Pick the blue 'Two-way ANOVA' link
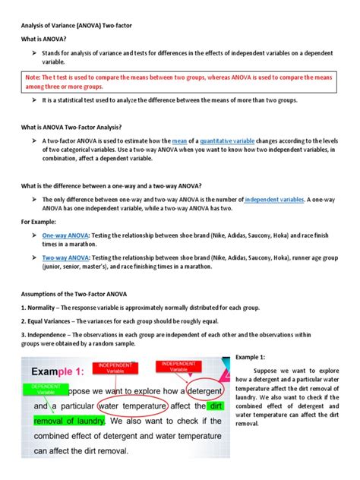click(x=65, y=257)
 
